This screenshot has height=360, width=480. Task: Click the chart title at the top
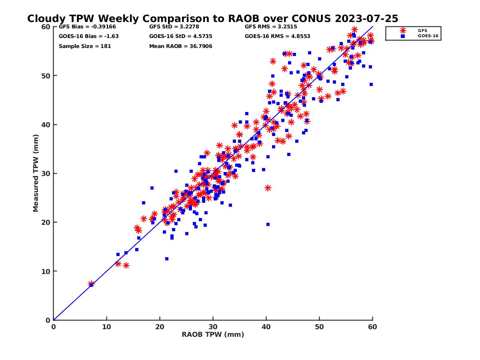tap(212, 19)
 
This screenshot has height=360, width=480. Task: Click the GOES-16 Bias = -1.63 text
tap(88, 36)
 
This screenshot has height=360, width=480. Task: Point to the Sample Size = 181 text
tap(85, 46)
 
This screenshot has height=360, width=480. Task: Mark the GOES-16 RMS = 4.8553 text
tap(277, 36)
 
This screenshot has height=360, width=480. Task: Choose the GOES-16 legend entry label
tap(426, 36)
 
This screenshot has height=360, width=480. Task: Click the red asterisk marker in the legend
tap(402, 30)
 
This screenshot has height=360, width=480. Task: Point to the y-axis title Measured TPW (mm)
tap(36, 173)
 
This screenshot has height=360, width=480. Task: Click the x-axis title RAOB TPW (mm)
tap(213, 335)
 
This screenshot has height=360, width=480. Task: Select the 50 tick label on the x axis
tap(320, 327)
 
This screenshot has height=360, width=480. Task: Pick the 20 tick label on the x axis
tap(160, 327)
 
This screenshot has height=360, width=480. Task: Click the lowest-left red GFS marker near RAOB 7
tap(91, 284)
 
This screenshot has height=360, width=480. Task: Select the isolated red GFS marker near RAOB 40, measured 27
tap(268, 188)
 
